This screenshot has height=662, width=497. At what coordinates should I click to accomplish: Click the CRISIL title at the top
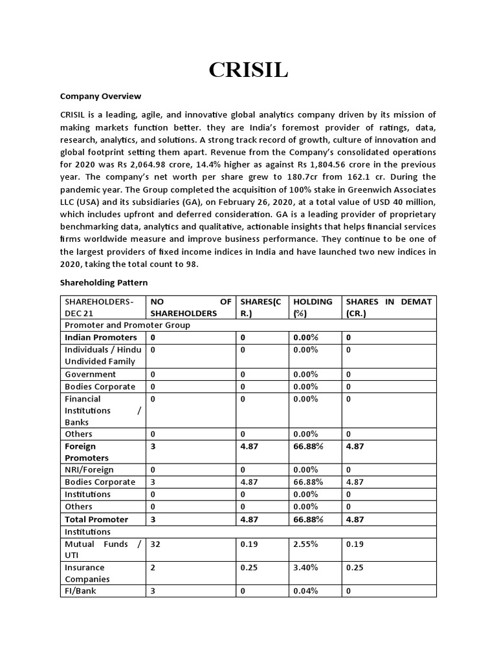point(248,70)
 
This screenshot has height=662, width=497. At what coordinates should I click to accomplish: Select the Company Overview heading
point(100,96)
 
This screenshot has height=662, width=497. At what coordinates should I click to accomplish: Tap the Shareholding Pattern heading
point(104,283)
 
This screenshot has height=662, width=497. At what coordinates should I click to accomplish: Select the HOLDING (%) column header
point(313,307)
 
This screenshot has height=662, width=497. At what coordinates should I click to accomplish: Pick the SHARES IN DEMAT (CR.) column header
point(388,307)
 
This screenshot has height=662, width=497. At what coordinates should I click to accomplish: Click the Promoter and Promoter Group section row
point(127,325)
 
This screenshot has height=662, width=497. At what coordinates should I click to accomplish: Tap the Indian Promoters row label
point(101,337)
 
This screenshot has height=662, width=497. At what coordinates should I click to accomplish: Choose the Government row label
point(91,374)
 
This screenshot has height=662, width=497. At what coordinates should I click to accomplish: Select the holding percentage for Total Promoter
point(308,520)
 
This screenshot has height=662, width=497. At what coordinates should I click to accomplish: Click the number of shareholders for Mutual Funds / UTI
point(155,544)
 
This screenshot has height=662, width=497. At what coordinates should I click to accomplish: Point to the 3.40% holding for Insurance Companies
point(306,568)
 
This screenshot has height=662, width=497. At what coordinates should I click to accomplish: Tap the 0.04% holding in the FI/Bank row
point(306,591)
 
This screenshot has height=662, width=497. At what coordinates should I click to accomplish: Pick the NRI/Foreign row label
point(89,470)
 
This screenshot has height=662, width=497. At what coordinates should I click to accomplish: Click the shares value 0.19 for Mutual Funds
point(249,544)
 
